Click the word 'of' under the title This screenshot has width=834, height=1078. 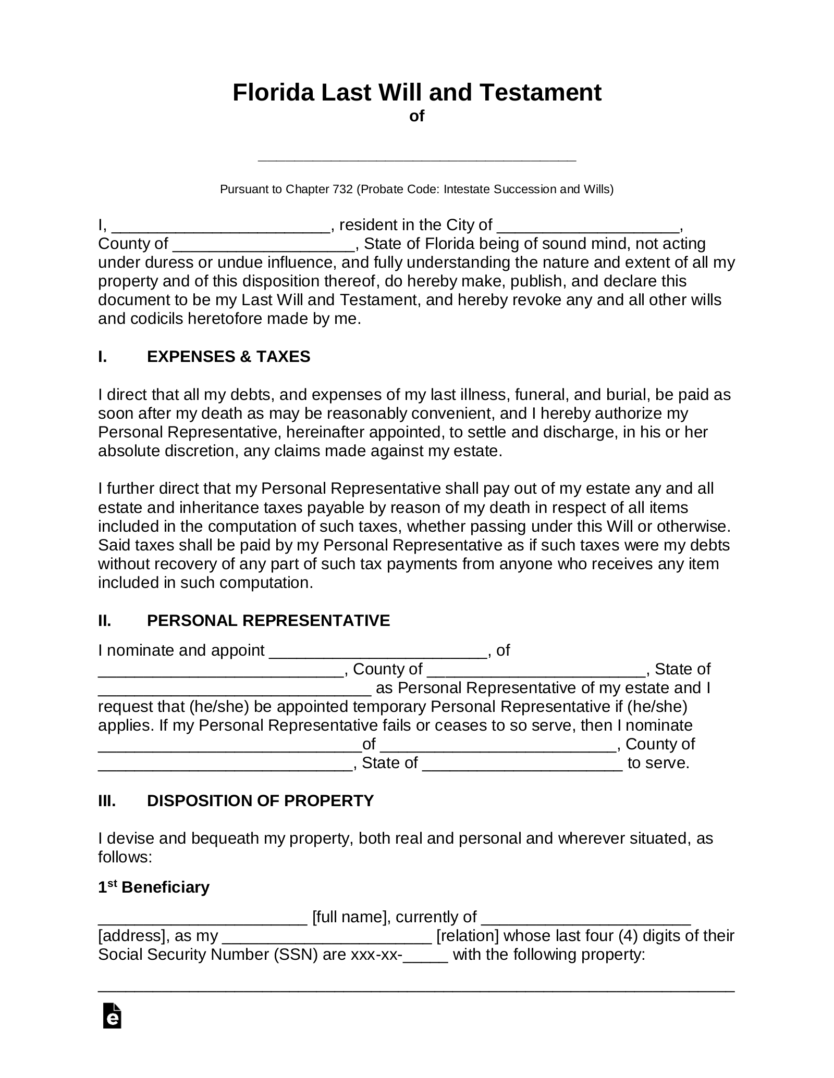point(416,116)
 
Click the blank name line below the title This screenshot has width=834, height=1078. point(416,156)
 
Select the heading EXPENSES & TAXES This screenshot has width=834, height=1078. point(228,357)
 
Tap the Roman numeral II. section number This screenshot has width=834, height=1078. point(105,621)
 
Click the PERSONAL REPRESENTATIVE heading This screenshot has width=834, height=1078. point(268,621)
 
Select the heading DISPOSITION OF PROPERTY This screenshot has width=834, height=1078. point(260,800)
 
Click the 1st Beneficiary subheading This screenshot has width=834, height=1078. point(154,887)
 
